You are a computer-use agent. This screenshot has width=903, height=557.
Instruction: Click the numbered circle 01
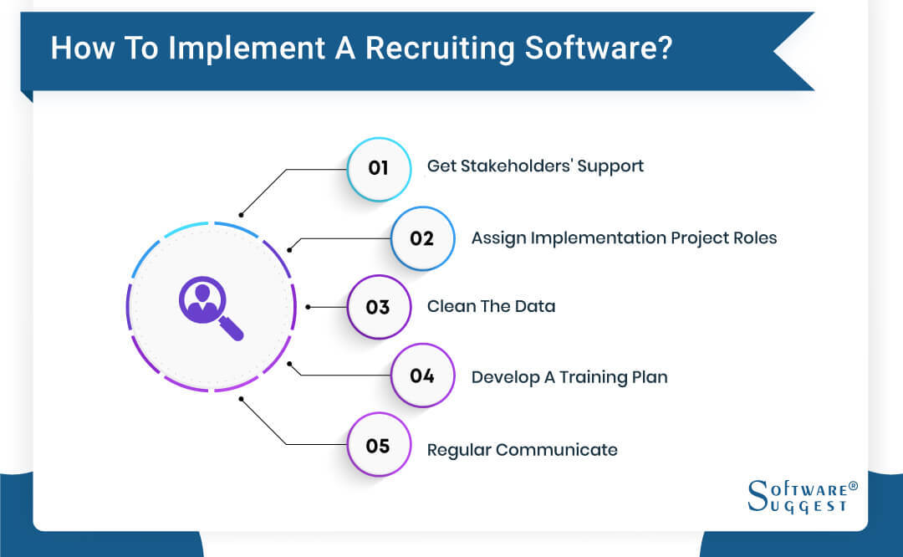pyautogui.click(x=379, y=167)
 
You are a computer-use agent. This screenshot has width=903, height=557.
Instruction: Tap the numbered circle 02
pyautogui.click(x=422, y=238)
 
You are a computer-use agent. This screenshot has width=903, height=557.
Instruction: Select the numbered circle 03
pyautogui.click(x=379, y=307)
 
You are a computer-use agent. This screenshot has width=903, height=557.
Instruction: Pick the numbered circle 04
pyautogui.click(x=422, y=376)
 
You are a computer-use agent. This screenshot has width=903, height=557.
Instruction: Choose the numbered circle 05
pyautogui.click(x=379, y=446)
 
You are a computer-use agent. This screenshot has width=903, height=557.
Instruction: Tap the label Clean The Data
pyautogui.click(x=491, y=307)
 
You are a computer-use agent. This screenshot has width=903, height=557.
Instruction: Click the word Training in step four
pyautogui.click(x=595, y=377)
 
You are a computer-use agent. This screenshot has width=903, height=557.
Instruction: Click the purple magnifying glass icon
pyautogui.click(x=210, y=309)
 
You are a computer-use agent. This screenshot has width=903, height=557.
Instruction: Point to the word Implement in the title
pyautogui.click(x=238, y=48)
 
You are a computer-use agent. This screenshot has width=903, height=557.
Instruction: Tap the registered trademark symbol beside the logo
pyautogui.click(x=853, y=485)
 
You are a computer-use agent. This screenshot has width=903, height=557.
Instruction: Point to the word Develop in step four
pyautogui.click(x=505, y=377)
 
